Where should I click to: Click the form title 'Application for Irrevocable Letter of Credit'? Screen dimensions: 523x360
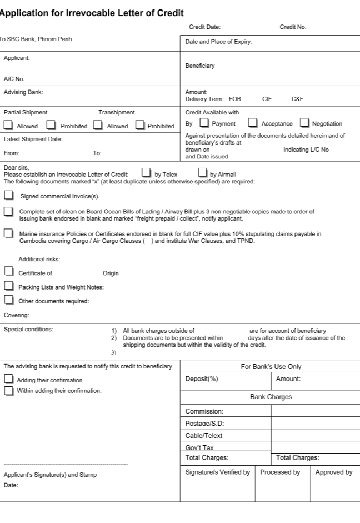tap(92, 12)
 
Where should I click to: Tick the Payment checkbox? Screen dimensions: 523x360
tap(204, 123)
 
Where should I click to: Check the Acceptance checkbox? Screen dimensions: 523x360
tap(253, 123)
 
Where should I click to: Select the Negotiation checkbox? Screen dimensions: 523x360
tap(304, 123)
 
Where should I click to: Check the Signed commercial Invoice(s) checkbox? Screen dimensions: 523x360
tap(8, 195)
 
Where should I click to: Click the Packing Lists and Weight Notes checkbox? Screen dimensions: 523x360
tap(8, 286)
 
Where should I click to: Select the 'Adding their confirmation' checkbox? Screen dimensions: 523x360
tap(8, 379)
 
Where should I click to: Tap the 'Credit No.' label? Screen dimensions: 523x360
tap(293, 27)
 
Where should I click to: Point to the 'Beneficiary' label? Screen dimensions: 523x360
tap(200, 66)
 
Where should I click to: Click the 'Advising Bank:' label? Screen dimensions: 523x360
tap(23, 92)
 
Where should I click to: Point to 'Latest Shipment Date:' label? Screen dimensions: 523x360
tap(33, 139)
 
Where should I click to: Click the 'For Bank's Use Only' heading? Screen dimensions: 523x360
tap(271, 367)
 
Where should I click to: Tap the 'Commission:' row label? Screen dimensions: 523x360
tap(204, 411)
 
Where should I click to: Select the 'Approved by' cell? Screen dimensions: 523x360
tap(334, 472)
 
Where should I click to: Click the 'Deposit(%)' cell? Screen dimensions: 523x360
tap(201, 379)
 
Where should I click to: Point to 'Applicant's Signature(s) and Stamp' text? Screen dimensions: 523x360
tap(50, 475)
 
